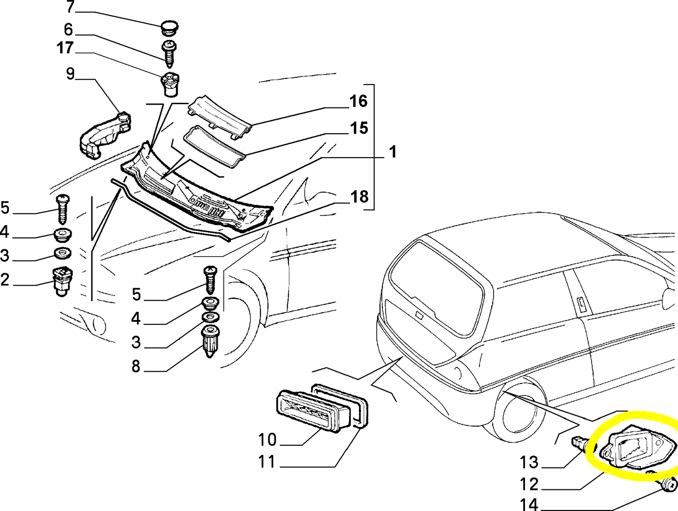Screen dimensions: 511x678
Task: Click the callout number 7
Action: (70, 7)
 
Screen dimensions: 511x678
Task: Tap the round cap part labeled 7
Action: (169, 27)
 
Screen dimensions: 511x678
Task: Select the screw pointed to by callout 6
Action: (169, 53)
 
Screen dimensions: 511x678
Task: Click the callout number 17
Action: (65, 48)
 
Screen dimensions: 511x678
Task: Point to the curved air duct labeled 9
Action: (104, 134)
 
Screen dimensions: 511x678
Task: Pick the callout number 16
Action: (358, 101)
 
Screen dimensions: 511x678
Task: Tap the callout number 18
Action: (359, 197)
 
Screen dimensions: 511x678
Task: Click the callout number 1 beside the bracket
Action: (393, 152)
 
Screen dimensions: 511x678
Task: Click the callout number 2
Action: (5, 280)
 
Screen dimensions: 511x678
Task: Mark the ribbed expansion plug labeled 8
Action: (210, 342)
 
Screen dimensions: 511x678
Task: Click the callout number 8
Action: (136, 366)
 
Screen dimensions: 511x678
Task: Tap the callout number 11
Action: (267, 462)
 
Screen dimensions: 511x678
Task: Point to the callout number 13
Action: (529, 462)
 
